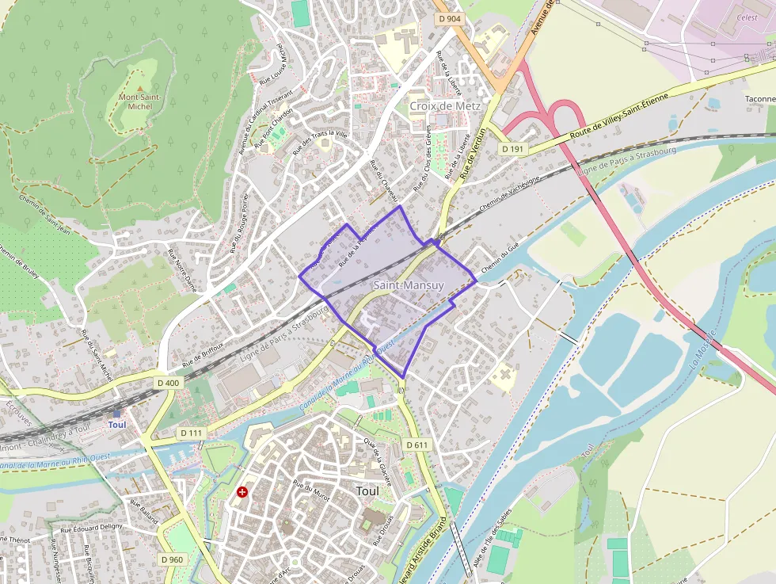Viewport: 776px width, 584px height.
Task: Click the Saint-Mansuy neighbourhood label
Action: tap(409, 284)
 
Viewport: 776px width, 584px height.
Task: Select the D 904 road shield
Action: tap(448, 17)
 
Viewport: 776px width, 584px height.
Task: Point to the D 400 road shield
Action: tap(168, 383)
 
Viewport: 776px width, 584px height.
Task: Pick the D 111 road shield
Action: tap(192, 433)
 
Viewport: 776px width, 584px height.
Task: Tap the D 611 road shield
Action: tap(417, 445)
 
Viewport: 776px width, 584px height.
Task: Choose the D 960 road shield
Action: tap(172, 559)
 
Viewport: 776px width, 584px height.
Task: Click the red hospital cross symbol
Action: tap(242, 492)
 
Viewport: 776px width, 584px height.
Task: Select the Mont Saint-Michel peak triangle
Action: tap(140, 89)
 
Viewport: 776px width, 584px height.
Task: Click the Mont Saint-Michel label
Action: tap(140, 101)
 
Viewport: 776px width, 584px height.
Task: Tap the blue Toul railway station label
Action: tap(116, 424)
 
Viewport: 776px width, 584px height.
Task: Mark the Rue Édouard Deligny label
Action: tap(92, 525)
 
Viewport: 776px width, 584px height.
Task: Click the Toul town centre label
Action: tap(367, 491)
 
